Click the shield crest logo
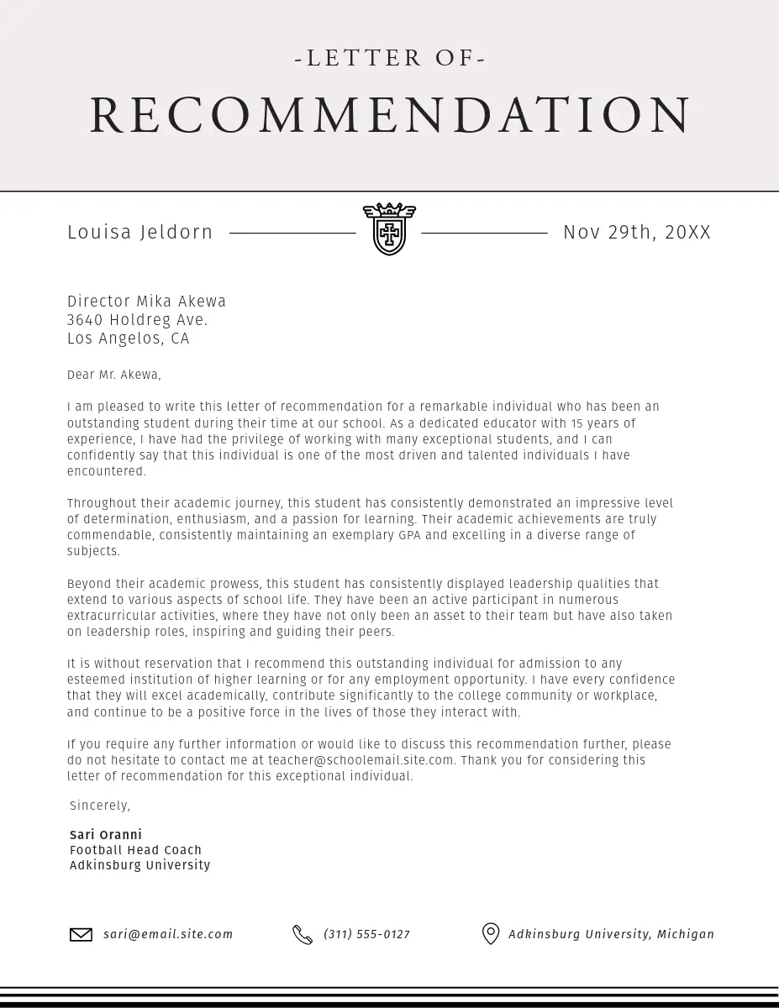[x=389, y=229]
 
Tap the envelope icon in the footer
[x=81, y=934]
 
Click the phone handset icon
[x=303, y=934]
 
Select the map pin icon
[x=491, y=934]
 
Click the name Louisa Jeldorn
[x=140, y=233]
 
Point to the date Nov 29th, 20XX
[x=637, y=233]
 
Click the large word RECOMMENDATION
[x=390, y=115]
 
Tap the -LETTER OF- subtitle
[x=390, y=58]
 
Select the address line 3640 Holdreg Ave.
[x=138, y=320]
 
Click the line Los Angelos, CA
[x=129, y=339]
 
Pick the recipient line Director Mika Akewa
[x=147, y=302]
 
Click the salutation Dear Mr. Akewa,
[x=114, y=375]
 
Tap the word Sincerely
[x=100, y=806]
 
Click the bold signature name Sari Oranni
[x=106, y=835]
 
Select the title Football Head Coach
[x=136, y=850]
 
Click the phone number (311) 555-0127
[x=367, y=934]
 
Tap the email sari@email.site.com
[x=169, y=934]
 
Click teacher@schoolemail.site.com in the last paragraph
[x=361, y=760]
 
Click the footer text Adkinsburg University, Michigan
[x=611, y=934]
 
